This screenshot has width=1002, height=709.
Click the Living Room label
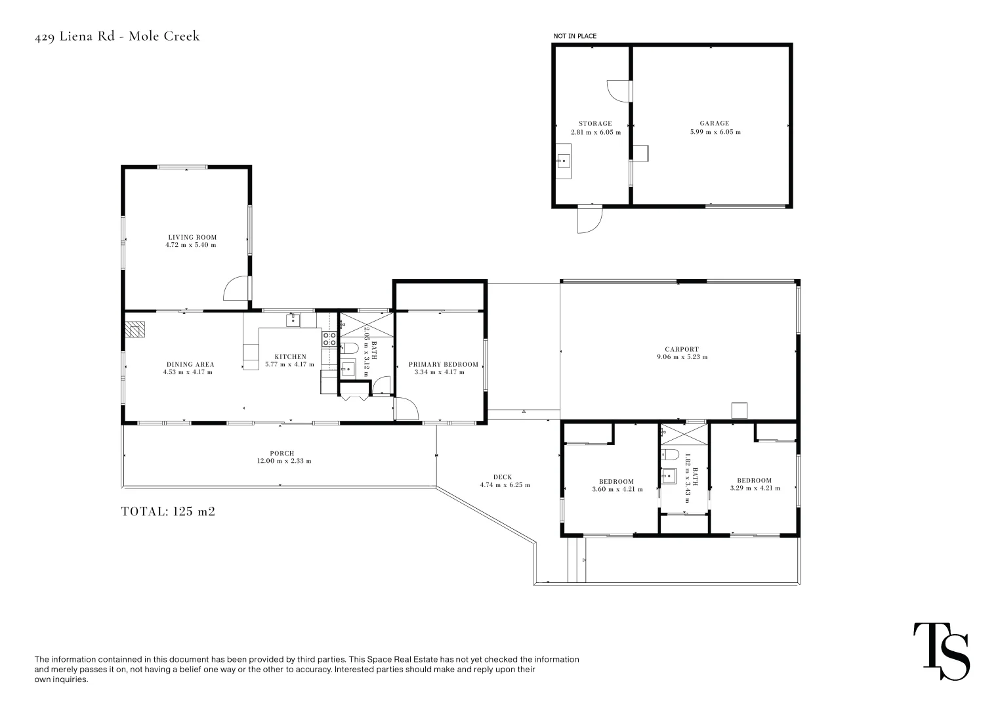[192, 237]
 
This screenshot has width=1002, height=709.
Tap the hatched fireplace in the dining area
[136, 328]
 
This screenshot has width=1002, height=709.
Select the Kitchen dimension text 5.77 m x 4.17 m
[289, 364]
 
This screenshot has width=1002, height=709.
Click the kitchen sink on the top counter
[293, 320]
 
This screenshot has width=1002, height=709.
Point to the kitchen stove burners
[329, 339]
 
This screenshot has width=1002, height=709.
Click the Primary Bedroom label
[443, 364]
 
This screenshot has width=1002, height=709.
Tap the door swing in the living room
[236, 290]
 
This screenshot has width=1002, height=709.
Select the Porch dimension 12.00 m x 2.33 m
[283, 461]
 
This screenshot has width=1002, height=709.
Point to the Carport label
[681, 349]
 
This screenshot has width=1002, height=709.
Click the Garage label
[714, 123]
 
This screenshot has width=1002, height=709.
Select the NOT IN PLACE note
[575, 36]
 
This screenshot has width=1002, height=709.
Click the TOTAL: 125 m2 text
[168, 511]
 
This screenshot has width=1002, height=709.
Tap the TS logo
[941, 651]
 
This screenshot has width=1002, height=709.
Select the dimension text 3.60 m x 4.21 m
[617, 489]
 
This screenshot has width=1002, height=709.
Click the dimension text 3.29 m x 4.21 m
[755, 488]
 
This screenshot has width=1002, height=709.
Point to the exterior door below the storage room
[589, 220]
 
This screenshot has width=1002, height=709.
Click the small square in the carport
[740, 410]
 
